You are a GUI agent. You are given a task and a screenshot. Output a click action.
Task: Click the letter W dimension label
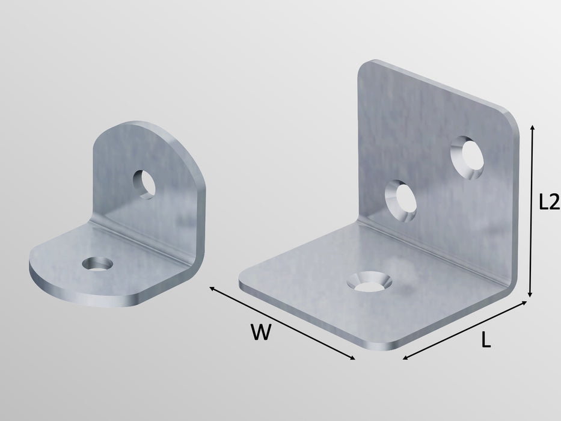260,332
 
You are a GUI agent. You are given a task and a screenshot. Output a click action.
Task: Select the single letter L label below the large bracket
486,341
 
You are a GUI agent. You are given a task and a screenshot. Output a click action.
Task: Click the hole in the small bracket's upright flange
144,184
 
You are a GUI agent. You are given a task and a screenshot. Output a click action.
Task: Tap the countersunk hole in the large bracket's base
372,281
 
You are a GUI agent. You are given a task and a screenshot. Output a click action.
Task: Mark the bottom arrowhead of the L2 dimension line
530,294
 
